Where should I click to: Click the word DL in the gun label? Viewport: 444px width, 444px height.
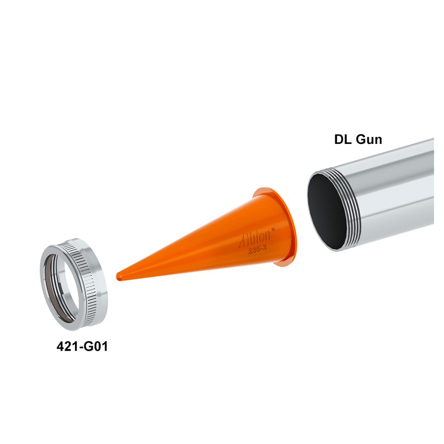click(x=343, y=139)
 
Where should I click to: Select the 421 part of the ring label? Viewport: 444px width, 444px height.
click(x=66, y=346)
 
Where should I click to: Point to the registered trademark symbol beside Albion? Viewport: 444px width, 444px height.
click(x=273, y=229)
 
